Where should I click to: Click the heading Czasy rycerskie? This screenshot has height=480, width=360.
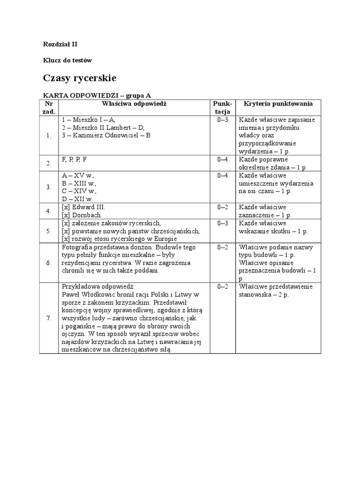[79, 77]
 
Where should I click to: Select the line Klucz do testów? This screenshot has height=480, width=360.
[67, 60]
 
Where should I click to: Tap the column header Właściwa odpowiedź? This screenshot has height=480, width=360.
[135, 104]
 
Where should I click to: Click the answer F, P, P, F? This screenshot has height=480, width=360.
[75, 159]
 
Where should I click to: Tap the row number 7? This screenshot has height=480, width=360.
[49, 318]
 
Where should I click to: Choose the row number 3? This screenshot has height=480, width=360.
[49, 187]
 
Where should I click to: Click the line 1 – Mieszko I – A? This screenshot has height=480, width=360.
[89, 120]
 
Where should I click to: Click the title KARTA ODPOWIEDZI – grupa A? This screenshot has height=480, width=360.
[97, 95]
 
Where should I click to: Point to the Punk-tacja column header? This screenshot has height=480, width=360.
[222, 107]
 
